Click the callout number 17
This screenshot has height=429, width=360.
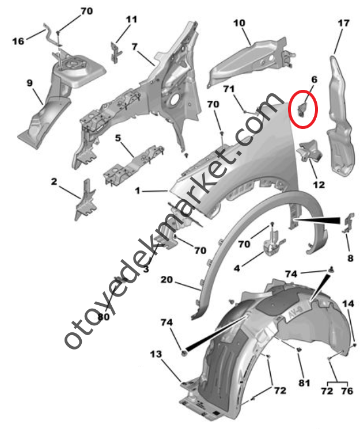343,23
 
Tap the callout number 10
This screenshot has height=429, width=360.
239,23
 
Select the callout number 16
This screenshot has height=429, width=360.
18,41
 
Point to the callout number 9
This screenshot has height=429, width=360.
30,82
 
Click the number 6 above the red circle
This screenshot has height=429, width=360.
314,79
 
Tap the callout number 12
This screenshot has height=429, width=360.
319,185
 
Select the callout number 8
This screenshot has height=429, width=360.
350,258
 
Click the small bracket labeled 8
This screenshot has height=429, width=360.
348,223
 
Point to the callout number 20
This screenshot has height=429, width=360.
166,280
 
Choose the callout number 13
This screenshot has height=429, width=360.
156,354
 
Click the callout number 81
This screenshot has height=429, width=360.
304,383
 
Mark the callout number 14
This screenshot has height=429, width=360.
348,303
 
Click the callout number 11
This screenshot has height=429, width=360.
131,20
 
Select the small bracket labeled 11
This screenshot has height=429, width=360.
116,52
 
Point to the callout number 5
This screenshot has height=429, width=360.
118,138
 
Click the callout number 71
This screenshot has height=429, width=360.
229,89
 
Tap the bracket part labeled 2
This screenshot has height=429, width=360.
85,199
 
